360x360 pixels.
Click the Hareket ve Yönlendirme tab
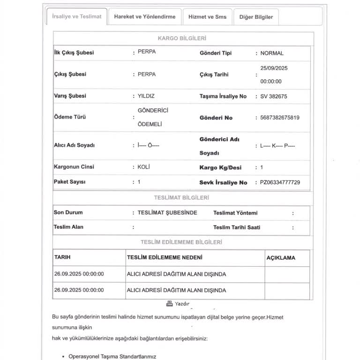(x=144, y=17)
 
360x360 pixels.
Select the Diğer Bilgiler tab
(x=256, y=17)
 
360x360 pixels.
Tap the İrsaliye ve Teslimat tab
(x=77, y=17)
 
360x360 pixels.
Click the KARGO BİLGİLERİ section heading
(x=182, y=38)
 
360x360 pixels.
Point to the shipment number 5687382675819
(x=279, y=118)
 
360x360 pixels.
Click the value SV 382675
(x=274, y=96)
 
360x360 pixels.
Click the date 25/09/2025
(x=274, y=68)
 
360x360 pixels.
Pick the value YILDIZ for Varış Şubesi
(x=146, y=96)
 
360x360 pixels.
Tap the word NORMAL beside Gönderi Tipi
(x=272, y=53)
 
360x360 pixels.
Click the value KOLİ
(x=143, y=166)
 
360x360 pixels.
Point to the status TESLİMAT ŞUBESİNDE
(x=167, y=212)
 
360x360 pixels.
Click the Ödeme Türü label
(x=70, y=117)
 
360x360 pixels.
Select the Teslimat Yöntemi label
(x=235, y=213)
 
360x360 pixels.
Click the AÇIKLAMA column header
(x=281, y=258)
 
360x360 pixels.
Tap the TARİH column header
(x=62, y=257)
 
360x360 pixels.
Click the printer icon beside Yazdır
(x=169, y=303)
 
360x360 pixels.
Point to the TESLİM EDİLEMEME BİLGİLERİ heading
(x=181, y=242)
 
